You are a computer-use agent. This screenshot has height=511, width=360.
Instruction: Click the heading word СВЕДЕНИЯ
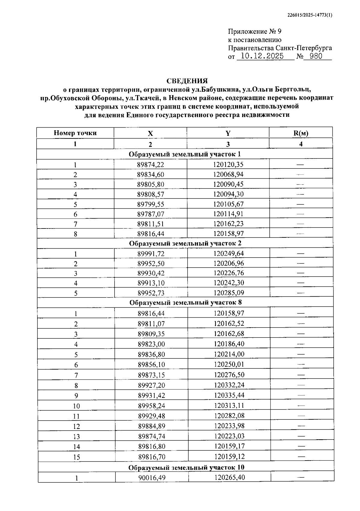coord(187,81)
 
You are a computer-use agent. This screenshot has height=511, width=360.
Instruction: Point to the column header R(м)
coord(301,133)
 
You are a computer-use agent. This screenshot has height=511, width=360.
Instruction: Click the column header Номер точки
coord(75,133)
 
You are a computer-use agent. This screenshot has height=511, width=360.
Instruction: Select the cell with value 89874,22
coord(151,165)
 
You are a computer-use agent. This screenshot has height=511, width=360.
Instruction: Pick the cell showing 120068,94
coord(228,174)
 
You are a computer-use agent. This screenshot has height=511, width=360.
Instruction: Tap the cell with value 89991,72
coord(151,254)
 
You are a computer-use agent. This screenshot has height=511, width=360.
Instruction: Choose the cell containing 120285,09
coord(229,293)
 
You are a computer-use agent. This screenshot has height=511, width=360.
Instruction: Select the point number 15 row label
coord(76,457)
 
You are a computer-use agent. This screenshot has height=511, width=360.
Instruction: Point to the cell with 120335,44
coord(229,395)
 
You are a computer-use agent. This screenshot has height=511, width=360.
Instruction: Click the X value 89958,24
coord(151,406)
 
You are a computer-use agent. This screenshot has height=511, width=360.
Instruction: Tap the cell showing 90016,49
coord(152,477)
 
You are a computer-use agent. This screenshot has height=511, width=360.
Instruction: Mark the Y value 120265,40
coord(229,477)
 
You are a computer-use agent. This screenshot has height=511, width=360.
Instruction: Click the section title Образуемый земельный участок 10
coord(186,467)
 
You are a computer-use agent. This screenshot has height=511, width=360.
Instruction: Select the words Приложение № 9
coord(255,32)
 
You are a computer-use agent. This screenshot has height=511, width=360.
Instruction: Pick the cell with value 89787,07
coord(151,214)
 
